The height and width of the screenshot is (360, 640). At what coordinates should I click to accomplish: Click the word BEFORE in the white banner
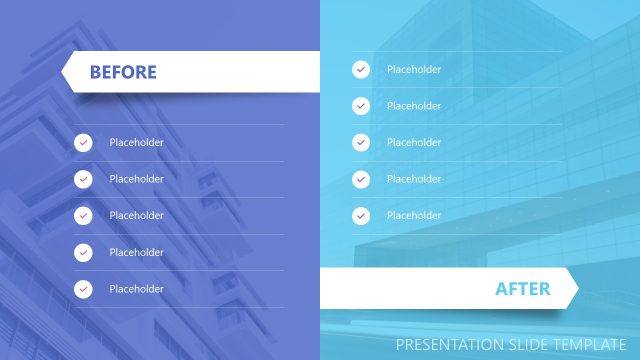point(123,72)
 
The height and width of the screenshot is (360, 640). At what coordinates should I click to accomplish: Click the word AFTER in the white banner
point(522,289)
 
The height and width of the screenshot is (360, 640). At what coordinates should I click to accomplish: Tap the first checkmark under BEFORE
point(83,142)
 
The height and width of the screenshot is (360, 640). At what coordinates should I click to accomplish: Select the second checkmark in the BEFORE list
point(83,179)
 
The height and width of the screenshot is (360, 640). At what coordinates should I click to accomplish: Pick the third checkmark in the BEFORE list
point(83,215)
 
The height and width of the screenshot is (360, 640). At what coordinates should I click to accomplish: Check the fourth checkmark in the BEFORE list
point(83,252)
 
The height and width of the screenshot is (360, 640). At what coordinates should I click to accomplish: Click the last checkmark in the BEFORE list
point(83,289)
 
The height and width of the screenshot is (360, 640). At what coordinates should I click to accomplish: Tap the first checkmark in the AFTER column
point(361,69)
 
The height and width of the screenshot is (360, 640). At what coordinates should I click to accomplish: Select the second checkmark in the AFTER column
point(361,106)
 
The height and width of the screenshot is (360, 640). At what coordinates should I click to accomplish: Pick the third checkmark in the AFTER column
point(361,142)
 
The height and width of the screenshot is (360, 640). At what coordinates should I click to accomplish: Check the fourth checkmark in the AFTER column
point(361,179)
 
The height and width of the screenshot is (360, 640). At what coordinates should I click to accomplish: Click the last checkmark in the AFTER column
point(361,215)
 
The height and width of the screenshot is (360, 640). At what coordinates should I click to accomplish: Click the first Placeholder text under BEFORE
point(136,142)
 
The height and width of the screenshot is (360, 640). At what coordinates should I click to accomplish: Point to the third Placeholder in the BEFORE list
point(136,215)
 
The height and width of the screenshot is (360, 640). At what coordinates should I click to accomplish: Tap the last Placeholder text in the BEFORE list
point(136,289)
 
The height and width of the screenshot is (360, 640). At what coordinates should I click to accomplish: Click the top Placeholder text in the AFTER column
point(414,69)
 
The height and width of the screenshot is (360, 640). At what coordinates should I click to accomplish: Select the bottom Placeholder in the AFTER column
point(414,215)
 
